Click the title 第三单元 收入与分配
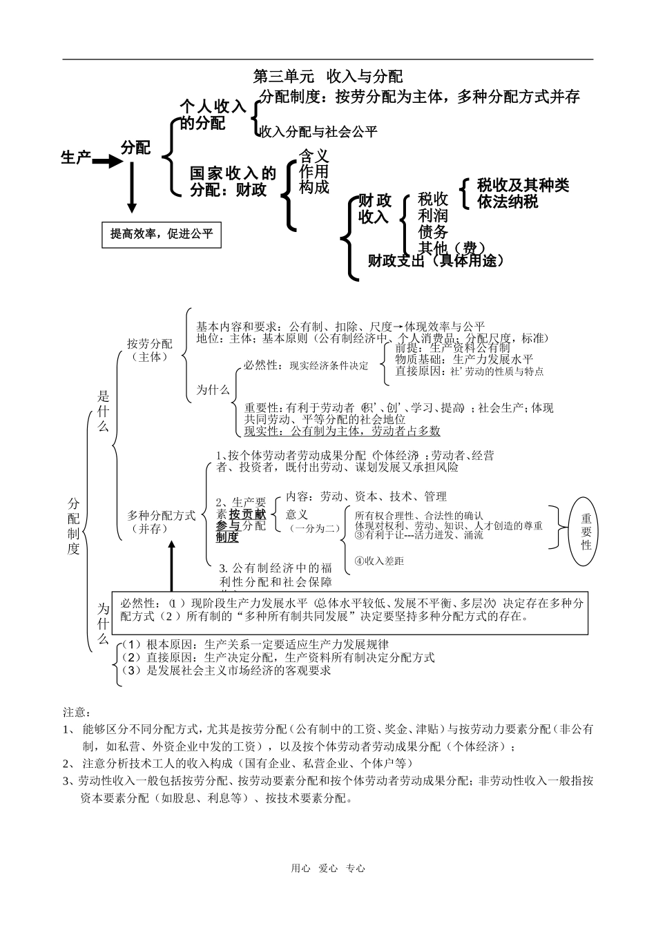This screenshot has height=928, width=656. click(328, 75)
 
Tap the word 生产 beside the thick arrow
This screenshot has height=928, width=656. click(76, 158)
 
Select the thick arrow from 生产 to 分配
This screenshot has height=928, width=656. click(106, 162)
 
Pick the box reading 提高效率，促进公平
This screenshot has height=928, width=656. click(162, 234)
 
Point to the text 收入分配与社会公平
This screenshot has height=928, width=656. click(319, 131)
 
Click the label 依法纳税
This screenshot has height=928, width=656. click(508, 202)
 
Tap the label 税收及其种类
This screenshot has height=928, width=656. click(523, 185)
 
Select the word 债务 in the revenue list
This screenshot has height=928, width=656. click(433, 232)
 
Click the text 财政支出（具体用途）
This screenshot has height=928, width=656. click(436, 260)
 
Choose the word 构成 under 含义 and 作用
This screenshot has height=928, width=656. click(314, 187)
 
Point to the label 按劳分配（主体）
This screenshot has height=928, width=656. click(150, 350)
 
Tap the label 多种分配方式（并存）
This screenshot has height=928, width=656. click(162, 522)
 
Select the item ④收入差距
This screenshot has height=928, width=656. click(379, 561)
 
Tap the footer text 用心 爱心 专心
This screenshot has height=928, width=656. click(327, 869)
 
